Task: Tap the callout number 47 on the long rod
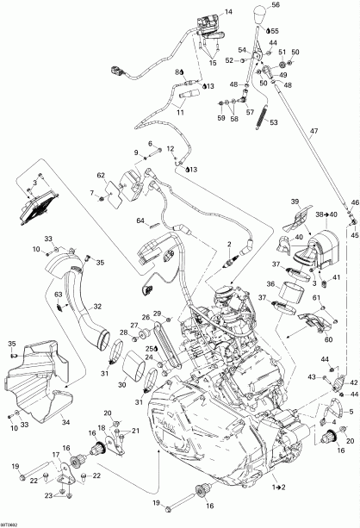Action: coord(314,131)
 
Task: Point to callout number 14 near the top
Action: coord(228,11)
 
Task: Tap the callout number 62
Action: coord(100,175)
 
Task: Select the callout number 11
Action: coord(181,113)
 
